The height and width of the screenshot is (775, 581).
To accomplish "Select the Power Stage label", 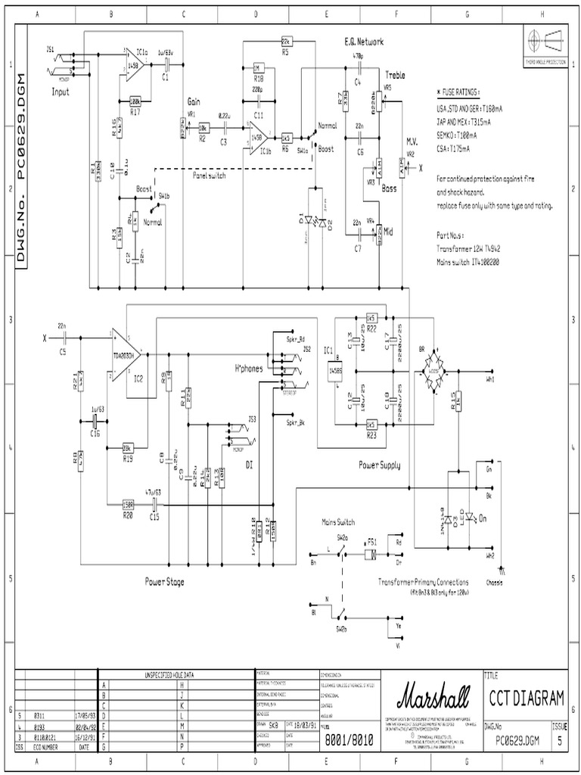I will pos(165,582).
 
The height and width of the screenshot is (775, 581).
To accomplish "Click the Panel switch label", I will pos(210,175).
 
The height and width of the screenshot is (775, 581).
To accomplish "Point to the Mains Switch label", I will pos(338,522).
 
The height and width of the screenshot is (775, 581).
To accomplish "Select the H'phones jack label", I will pos(249,368).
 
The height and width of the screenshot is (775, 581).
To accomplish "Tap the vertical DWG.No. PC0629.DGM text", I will pos(21,167).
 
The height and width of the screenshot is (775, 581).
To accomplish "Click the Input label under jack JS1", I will pos(61,92).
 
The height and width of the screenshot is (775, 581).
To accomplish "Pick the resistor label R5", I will pos(285,53).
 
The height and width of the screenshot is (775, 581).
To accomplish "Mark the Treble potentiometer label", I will pos(395,75).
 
